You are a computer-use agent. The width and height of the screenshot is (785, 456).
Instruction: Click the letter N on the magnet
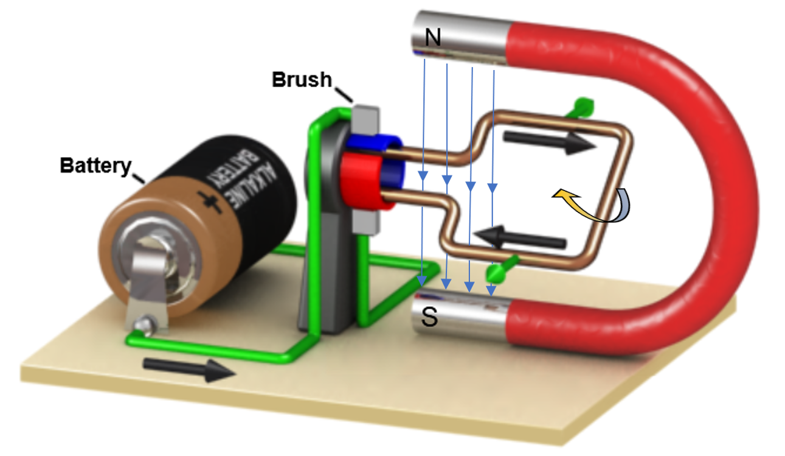432,38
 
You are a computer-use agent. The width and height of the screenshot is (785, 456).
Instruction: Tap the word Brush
302,79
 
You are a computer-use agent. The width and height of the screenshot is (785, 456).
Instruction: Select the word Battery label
95,165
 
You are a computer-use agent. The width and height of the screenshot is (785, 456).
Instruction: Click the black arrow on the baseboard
188,370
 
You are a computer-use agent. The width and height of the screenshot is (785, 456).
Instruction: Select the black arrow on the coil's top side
550,141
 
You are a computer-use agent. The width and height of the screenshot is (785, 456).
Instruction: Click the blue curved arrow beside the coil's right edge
623,207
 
